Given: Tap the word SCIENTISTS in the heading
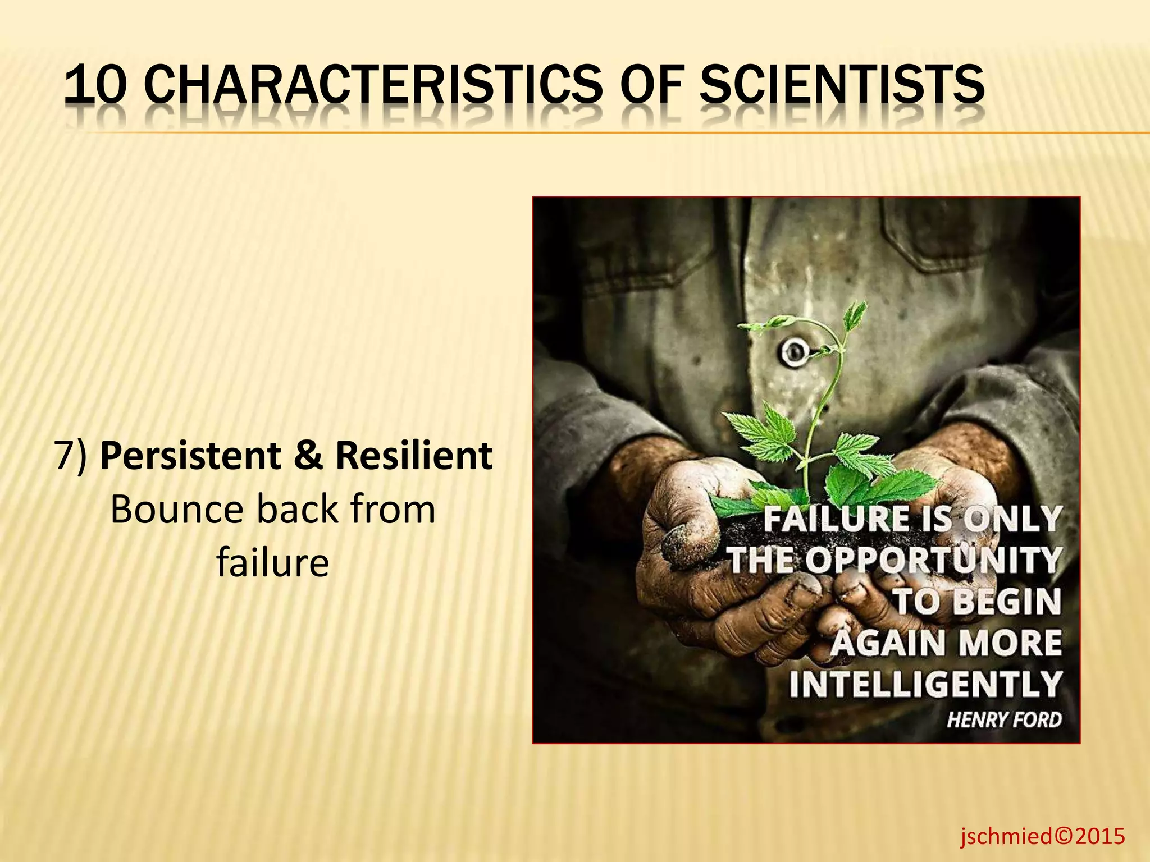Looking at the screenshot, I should coord(842,85).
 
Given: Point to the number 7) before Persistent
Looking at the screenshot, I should coord(71,456).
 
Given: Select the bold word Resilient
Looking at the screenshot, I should coord(414,456).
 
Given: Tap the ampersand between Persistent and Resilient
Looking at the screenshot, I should coord(308,456).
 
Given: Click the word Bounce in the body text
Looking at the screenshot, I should coord(176,510).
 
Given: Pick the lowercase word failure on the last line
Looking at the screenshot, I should coord(273,563).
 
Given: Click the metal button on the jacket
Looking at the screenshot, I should coord(793,352).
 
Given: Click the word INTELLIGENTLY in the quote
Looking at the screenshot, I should coord(925,684).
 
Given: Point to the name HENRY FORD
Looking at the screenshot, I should coord(1004,719).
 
